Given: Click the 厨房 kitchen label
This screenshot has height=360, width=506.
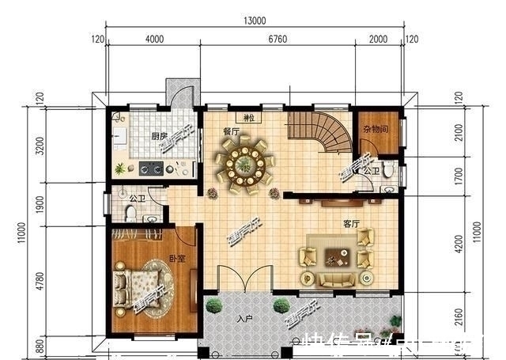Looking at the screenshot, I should tap(159, 136).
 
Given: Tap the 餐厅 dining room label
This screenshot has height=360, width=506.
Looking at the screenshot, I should tap(231, 132).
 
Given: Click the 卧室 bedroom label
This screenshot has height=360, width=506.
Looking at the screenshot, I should tap(176, 259).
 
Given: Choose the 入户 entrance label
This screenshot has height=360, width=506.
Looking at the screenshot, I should tap(244, 320).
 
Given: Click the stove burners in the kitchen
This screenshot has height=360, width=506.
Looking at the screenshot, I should tap(152, 168).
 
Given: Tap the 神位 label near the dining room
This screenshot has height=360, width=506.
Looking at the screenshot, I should tap(251, 119).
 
